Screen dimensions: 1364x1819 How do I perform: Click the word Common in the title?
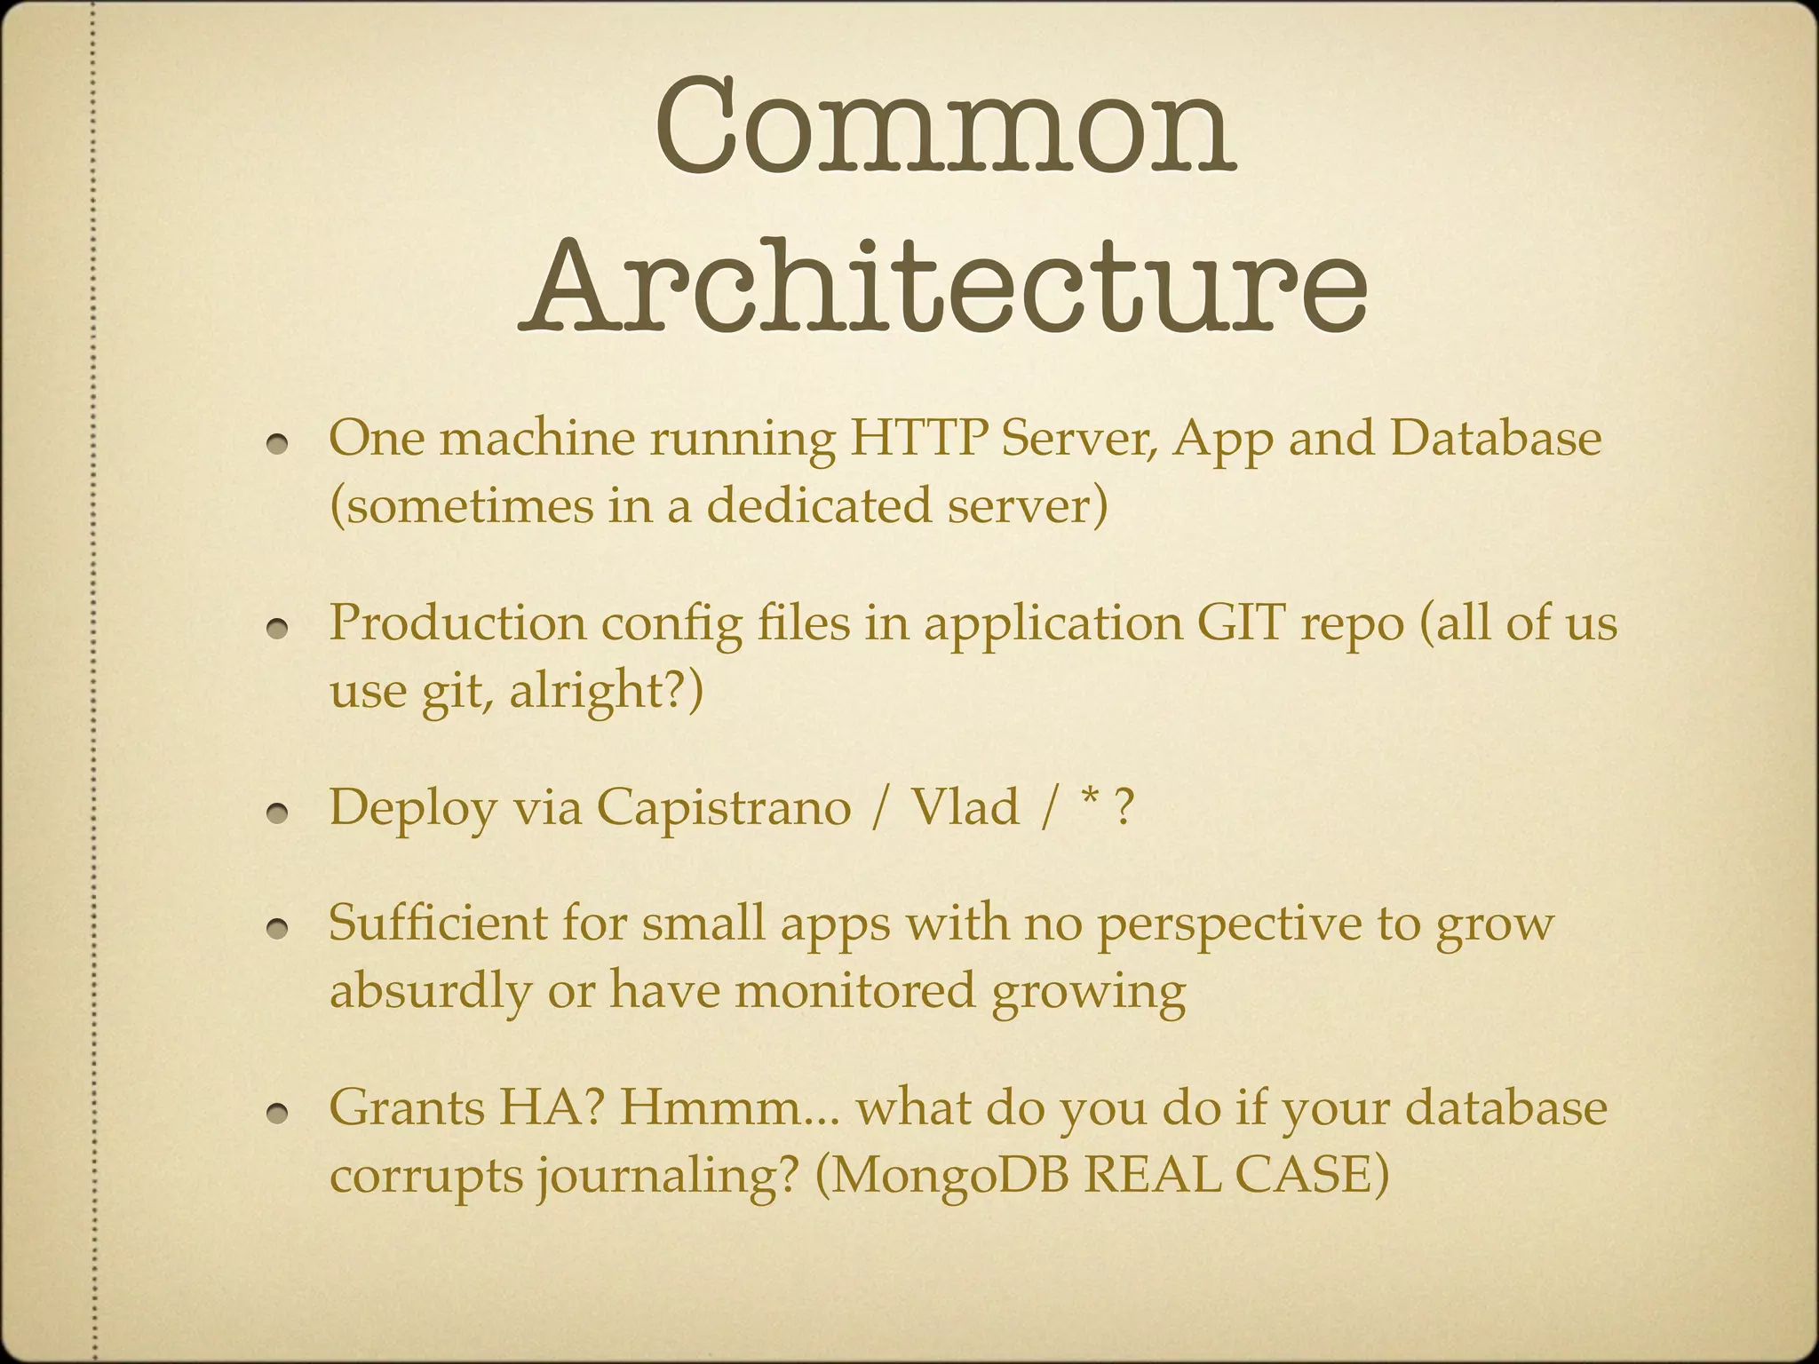point(944,129)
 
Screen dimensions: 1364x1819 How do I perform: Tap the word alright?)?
point(606,690)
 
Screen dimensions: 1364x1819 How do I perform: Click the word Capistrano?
point(723,807)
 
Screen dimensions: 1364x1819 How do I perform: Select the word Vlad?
point(966,807)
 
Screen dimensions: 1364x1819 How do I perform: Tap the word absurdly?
point(429,990)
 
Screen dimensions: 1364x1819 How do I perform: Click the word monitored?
point(854,990)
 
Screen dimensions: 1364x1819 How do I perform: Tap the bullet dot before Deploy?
point(282,813)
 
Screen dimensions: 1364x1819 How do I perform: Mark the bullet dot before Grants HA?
point(282,1113)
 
